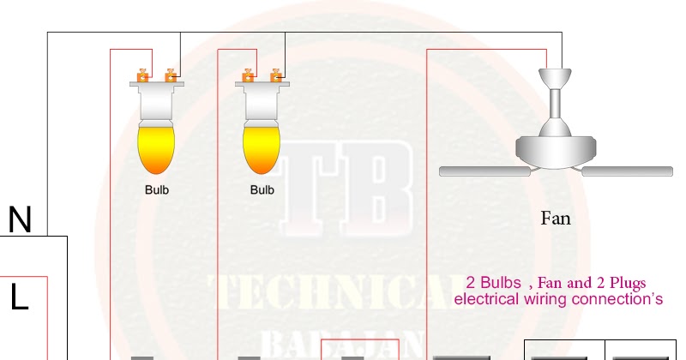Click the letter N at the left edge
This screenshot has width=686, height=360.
[x=20, y=221]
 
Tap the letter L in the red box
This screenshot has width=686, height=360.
[x=20, y=297]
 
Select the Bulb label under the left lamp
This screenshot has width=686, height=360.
[x=157, y=189]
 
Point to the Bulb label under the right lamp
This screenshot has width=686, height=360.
[x=262, y=189]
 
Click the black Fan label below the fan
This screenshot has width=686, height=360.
[x=555, y=219]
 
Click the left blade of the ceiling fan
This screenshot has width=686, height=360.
[x=484, y=171]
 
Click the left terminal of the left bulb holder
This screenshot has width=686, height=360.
[x=143, y=76]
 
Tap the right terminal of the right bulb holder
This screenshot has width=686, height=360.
[x=276, y=76]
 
